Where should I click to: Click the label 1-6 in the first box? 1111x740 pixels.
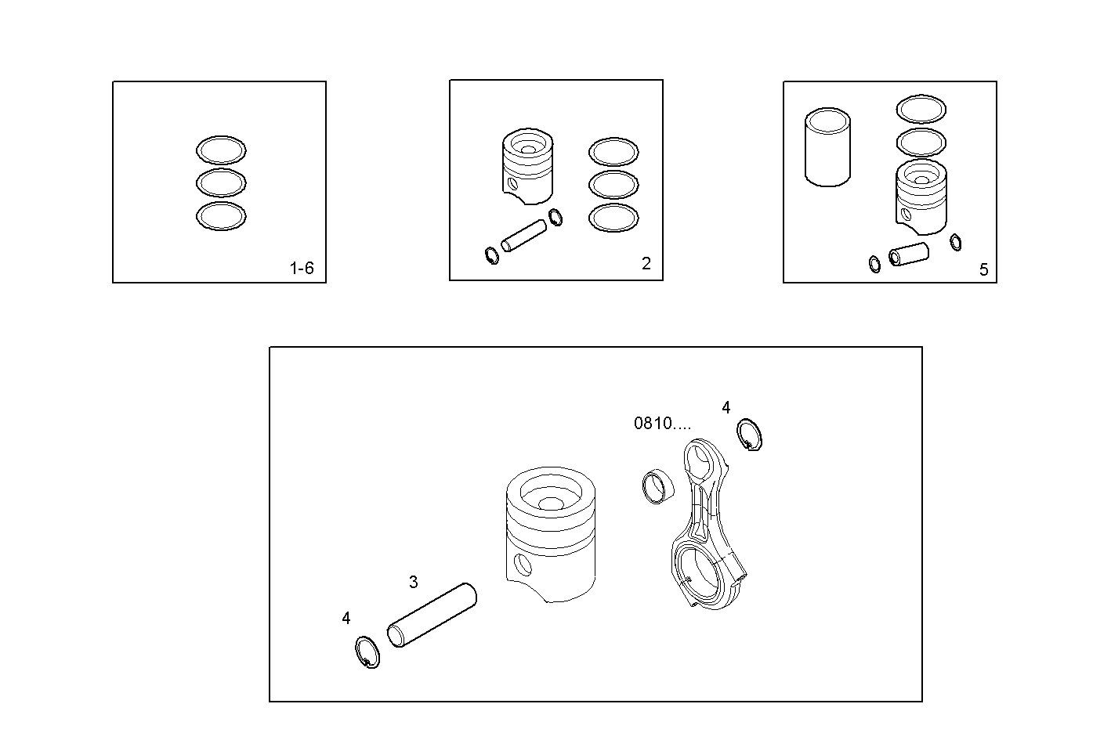[302, 269]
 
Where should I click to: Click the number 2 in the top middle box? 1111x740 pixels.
[646, 264]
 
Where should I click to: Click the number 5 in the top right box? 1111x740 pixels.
[983, 270]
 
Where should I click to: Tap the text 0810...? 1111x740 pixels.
[662, 424]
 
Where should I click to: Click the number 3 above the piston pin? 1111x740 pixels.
[414, 582]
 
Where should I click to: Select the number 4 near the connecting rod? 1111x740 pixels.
[726, 407]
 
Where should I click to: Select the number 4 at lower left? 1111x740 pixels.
[346, 618]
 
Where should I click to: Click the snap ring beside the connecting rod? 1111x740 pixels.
[751, 435]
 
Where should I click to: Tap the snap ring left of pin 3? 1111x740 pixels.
[366, 652]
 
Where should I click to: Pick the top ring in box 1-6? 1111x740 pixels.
[221, 150]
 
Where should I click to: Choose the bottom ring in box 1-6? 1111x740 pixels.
[221, 216]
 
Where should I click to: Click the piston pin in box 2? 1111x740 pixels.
[523, 236]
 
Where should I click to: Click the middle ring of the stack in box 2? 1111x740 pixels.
[613, 184]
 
